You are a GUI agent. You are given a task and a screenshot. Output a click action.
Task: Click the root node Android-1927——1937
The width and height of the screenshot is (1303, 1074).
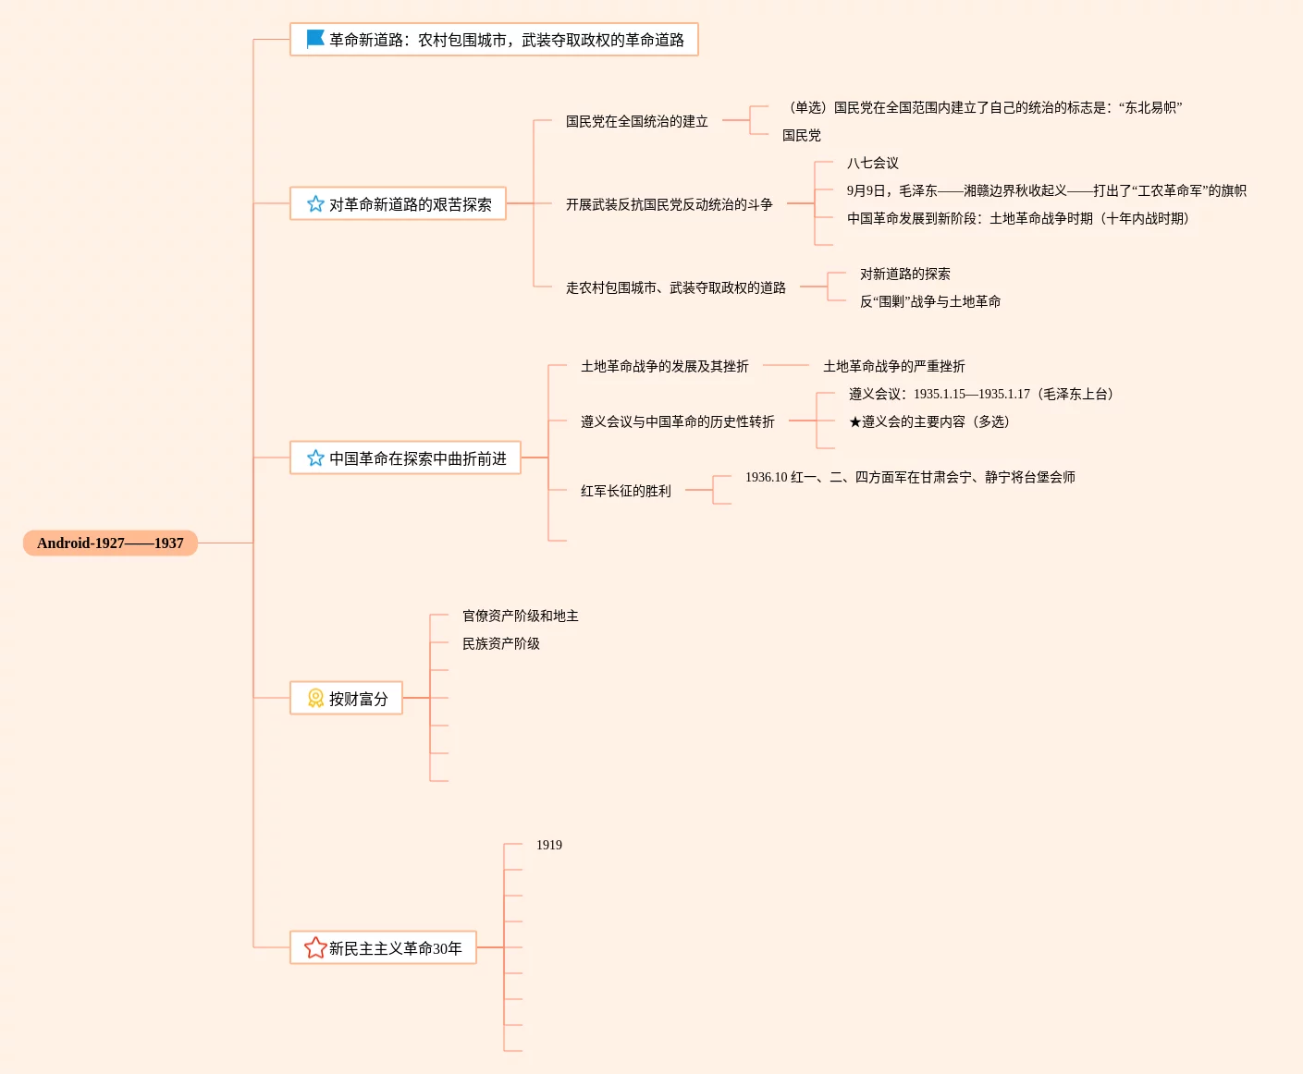pyautogui.click(x=110, y=543)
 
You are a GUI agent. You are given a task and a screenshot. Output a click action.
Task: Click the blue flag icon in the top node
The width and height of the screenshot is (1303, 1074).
pyautogui.click(x=315, y=39)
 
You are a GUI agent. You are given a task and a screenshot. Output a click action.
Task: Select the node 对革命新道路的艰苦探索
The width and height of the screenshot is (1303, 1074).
pyautogui.click(x=410, y=204)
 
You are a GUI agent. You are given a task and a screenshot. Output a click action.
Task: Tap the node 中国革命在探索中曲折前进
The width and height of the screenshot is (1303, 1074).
pyautogui.click(x=417, y=458)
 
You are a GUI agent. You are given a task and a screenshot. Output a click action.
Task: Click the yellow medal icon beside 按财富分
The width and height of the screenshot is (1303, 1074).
pyautogui.click(x=315, y=698)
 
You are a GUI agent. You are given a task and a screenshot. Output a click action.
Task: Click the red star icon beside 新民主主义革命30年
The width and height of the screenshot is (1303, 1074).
pyautogui.click(x=315, y=947)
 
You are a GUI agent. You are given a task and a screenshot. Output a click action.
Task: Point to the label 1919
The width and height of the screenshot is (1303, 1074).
pyautogui.click(x=548, y=845)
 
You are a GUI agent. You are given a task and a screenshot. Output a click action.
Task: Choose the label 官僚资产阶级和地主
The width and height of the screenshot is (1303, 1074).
pyautogui.click(x=520, y=616)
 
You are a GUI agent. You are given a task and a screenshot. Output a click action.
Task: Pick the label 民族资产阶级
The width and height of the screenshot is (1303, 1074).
pyautogui.click(x=500, y=643)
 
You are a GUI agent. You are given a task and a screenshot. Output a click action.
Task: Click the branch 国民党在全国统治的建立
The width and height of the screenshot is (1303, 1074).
pyautogui.click(x=636, y=121)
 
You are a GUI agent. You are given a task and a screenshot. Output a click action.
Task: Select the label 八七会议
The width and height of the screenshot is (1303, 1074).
pyautogui.click(x=872, y=163)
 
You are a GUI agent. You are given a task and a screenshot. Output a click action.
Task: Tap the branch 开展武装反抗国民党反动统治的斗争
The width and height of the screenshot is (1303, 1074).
pyautogui.click(x=669, y=204)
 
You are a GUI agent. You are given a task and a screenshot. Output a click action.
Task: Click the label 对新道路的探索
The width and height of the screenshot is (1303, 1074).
pyautogui.click(x=904, y=274)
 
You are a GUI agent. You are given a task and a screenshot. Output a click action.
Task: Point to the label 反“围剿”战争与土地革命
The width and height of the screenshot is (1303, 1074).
pyautogui.click(x=929, y=301)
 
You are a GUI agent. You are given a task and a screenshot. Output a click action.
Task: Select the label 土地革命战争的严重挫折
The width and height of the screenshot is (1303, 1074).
pyautogui.click(x=893, y=366)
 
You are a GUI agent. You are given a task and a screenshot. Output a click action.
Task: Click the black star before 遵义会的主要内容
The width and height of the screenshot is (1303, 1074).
pyautogui.click(x=854, y=422)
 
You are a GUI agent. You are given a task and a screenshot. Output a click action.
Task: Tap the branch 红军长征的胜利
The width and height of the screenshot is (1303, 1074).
pyautogui.click(x=625, y=491)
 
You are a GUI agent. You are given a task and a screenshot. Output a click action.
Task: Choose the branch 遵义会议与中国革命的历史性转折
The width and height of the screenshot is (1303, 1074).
pyautogui.click(x=677, y=421)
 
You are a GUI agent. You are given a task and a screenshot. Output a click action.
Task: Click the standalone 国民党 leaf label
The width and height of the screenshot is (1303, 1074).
pyautogui.click(x=801, y=135)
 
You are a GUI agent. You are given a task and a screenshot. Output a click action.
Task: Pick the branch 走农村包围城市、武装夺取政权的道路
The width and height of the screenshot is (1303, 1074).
pyautogui.click(x=675, y=287)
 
